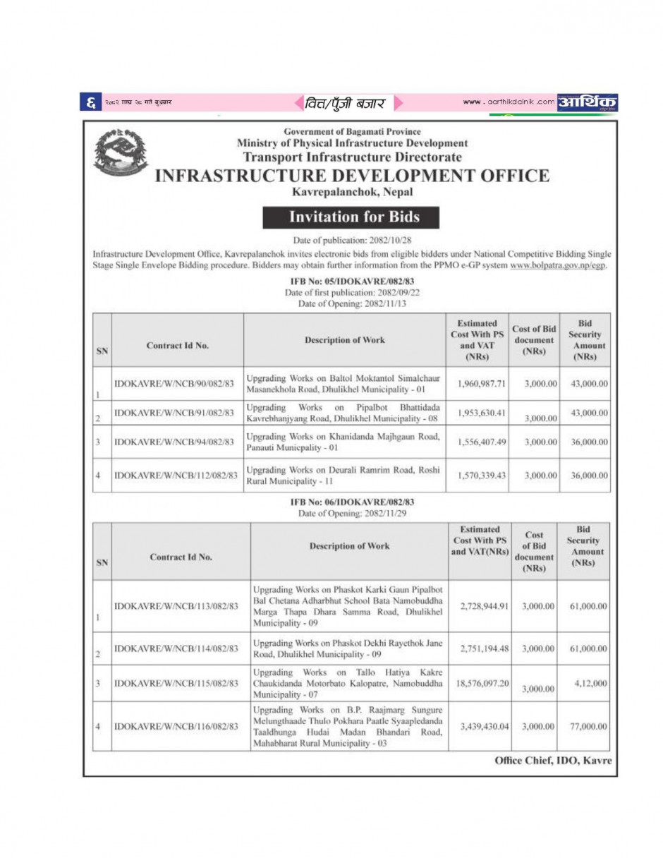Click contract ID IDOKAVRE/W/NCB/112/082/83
pyautogui.click(x=176, y=475)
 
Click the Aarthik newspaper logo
pyautogui.click(x=588, y=102)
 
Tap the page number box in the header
pyautogui.click(x=92, y=103)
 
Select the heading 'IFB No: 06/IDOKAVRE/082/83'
pyautogui.click(x=352, y=502)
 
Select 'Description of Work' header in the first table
pyautogui.click(x=345, y=340)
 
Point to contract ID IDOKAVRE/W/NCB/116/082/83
pyautogui.click(x=176, y=725)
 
